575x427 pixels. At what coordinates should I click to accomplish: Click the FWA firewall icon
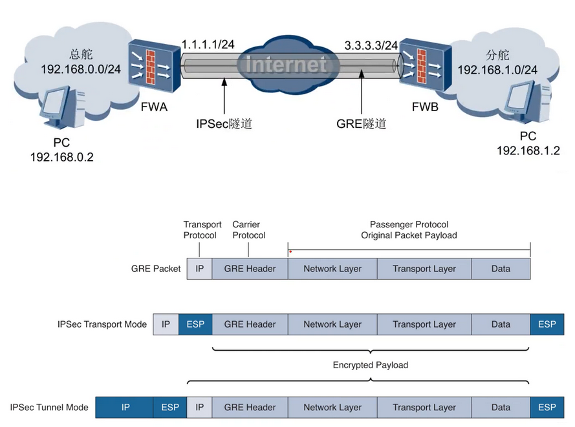[x=153, y=67]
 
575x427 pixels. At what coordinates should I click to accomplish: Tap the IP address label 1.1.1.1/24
[x=208, y=45]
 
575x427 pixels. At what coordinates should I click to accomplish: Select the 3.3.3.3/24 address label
[x=371, y=46]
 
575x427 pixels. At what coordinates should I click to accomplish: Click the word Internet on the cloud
[x=287, y=65]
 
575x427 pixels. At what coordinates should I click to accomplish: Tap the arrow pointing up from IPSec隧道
[x=224, y=96]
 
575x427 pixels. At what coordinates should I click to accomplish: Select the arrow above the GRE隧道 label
[x=361, y=96]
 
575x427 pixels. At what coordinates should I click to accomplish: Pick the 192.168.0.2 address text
[x=62, y=157]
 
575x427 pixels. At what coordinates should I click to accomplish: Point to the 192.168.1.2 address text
[x=528, y=151]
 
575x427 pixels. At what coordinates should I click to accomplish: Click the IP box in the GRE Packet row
[x=199, y=269]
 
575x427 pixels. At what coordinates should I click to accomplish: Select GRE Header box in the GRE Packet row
[x=250, y=269]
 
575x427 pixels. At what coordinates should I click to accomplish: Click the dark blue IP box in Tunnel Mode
[x=125, y=408]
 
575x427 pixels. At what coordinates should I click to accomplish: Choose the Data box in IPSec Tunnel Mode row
[x=501, y=408]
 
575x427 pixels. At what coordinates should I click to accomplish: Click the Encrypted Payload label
[x=371, y=365]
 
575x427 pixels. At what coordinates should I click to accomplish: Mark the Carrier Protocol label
[x=249, y=230]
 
